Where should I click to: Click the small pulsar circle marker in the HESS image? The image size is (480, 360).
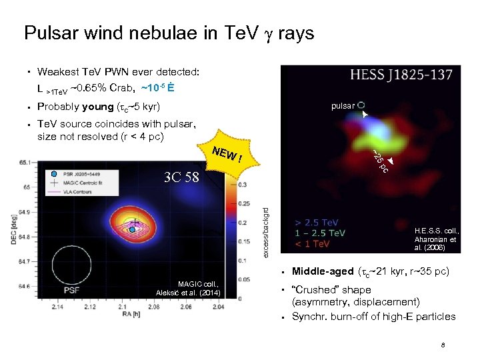[x=361, y=105]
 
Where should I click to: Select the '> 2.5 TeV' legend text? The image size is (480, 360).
[x=317, y=222]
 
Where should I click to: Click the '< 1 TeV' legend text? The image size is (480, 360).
[x=313, y=244]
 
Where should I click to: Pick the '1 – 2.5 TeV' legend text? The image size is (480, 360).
[x=321, y=233]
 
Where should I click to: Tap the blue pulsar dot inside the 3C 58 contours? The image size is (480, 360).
[x=133, y=229]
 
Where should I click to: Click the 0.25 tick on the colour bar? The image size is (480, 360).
[x=243, y=203]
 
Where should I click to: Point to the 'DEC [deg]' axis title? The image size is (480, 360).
[x=13, y=229]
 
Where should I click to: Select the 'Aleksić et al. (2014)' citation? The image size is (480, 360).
[x=189, y=293]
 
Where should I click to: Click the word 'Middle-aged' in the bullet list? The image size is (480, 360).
[x=323, y=271]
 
